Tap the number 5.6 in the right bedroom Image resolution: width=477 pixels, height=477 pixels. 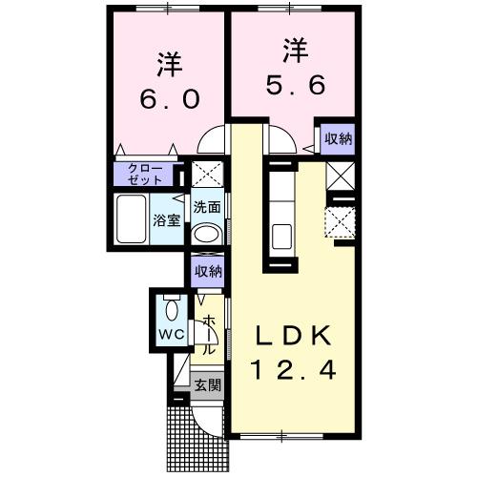click(x=293, y=84)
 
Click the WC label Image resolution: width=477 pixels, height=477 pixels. click(x=171, y=335)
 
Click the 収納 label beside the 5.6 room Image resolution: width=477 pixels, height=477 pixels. click(x=337, y=138)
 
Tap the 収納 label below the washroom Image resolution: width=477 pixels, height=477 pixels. click(x=207, y=271)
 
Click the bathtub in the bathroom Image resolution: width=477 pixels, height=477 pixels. click(x=130, y=220)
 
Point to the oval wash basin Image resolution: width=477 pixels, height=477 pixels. click(x=205, y=235)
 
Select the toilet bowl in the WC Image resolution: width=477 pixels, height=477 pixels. click(x=171, y=309)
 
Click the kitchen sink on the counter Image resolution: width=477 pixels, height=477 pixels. click(x=281, y=235)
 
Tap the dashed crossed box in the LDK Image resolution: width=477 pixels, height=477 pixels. click(x=339, y=222)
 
